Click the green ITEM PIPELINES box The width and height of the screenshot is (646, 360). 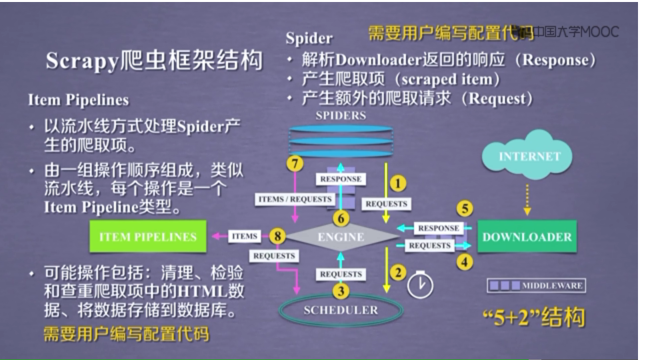[148, 237]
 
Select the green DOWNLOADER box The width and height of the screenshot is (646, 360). [527, 237]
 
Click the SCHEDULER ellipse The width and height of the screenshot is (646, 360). [341, 310]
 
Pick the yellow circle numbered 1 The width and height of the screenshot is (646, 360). [397, 181]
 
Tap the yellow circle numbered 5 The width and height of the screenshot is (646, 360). [465, 209]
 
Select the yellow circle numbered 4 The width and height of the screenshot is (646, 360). [465, 262]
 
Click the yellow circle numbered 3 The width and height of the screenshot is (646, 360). [341, 291]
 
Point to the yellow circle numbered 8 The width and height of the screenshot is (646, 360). [278, 235]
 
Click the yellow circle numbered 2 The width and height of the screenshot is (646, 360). [397, 271]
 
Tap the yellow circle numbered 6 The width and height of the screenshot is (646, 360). [341, 218]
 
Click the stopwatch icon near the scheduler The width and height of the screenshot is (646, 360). [420, 285]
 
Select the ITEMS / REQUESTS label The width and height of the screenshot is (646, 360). [295, 199]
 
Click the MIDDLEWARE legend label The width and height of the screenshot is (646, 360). [551, 286]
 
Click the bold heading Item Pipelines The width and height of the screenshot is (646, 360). [78, 100]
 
